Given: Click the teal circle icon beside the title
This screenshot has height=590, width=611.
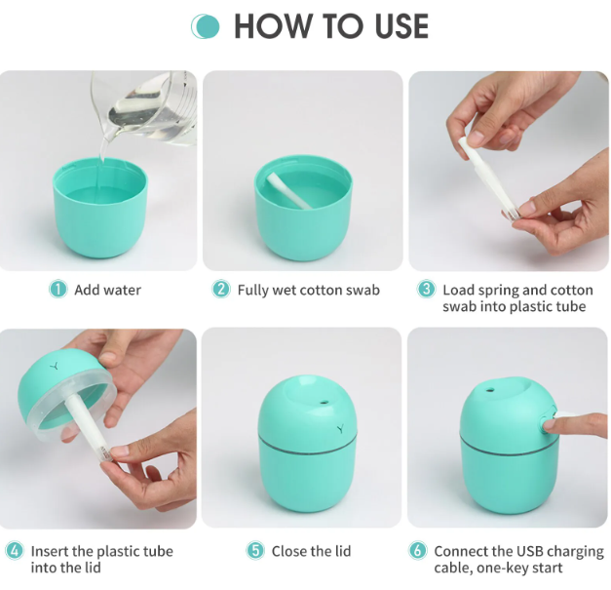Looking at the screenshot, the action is click(206, 26).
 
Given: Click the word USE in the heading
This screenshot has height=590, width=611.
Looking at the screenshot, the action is click(401, 26).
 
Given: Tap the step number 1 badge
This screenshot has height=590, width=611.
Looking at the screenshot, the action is click(58, 290).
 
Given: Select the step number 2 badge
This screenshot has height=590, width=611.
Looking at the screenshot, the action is click(221, 290).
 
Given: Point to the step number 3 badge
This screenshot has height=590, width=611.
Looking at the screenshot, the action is click(426, 290).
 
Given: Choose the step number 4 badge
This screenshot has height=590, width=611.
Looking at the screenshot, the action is click(15, 551).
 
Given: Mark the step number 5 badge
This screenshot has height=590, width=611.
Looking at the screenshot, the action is click(255, 551).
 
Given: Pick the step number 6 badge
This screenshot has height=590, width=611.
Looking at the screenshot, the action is click(418, 551).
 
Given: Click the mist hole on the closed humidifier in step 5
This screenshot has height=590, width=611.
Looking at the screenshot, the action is click(323, 402).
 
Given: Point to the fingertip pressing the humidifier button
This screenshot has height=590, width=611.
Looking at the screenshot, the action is click(549, 424).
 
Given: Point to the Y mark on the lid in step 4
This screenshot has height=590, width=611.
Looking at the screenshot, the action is click(55, 366).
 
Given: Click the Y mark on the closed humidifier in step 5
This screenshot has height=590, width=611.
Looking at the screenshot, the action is click(340, 428).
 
